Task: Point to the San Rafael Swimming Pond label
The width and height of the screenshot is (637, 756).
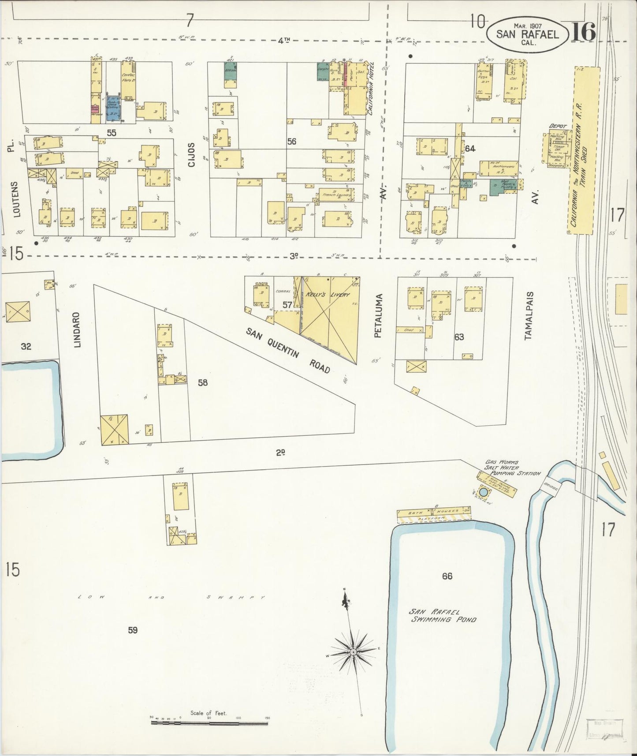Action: pos(442,615)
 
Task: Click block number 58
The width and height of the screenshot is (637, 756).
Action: pos(202,382)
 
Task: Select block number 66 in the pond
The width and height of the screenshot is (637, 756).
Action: pos(447,576)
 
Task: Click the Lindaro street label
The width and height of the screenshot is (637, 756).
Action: pos(78,330)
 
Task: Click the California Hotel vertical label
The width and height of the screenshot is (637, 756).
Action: pos(372,88)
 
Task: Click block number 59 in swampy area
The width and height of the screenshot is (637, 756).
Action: pos(133,630)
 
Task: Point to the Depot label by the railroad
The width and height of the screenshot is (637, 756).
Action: pos(557,126)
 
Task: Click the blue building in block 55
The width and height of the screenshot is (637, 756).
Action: pos(113,107)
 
